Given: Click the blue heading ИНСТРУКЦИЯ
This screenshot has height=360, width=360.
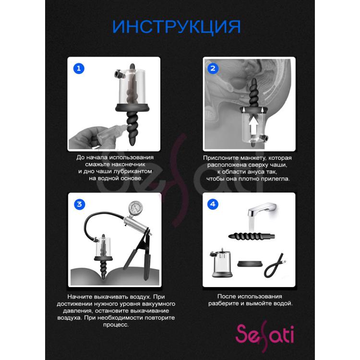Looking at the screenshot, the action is point(176,27).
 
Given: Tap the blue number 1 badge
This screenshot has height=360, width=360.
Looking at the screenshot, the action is point(79,69).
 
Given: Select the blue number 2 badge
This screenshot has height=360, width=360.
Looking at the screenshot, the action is point(213,69).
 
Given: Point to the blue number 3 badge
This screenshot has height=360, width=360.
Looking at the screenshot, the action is point(79,204).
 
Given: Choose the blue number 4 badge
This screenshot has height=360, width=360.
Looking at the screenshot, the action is point(213,204).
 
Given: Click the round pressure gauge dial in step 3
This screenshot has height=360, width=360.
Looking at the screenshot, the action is point(135,207).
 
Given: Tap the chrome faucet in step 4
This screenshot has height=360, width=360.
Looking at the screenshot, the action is point(264,210).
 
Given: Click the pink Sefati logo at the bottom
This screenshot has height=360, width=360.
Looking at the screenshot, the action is point(264,336).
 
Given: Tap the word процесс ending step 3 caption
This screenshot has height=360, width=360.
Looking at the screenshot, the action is point(116,324).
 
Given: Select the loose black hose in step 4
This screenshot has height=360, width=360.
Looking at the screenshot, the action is point(276,265).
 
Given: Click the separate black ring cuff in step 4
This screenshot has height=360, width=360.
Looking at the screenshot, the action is point(250,264).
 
